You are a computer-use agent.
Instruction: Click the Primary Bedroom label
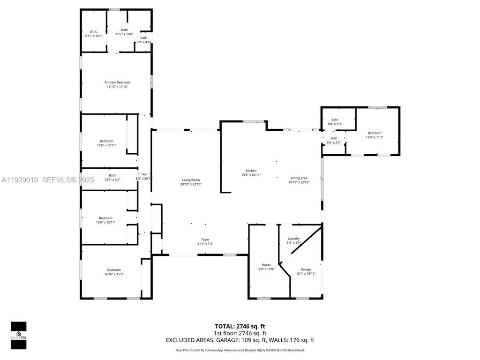tap(117, 84)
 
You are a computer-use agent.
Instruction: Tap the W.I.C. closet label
tap(94, 34)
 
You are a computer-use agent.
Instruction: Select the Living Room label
tap(191, 182)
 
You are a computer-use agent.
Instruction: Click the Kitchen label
tap(251, 172)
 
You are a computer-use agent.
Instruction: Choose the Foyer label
tap(205, 241)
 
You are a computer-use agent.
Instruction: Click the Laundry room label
tap(293, 240)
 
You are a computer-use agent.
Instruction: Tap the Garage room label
tap(306, 271)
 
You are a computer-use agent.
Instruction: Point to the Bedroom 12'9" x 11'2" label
tap(374, 135)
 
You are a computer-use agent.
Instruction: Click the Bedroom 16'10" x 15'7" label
tap(114, 272)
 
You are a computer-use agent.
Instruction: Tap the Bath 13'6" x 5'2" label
tap(112, 178)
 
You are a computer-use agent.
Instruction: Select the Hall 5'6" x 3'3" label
tap(334, 140)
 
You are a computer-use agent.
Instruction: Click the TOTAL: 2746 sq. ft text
tap(240, 326)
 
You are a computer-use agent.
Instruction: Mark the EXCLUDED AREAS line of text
tap(240, 340)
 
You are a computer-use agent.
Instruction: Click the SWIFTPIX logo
tap(19, 335)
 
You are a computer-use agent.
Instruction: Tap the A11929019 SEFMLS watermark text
tap(47, 180)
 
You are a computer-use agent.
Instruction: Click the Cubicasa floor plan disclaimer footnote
tap(240, 350)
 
